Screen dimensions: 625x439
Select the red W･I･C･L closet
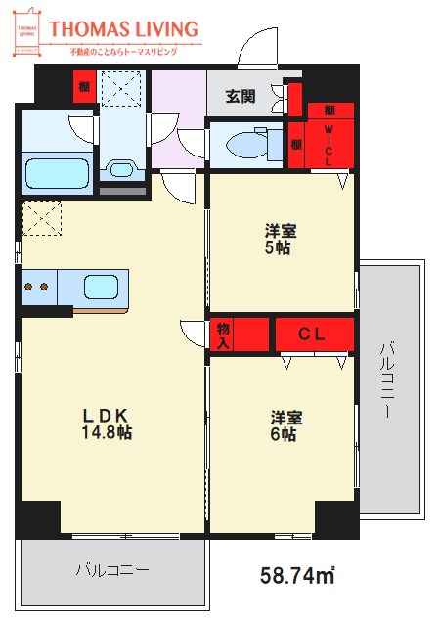point(329,145)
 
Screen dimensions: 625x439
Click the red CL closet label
point(312,335)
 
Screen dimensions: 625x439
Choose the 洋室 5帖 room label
point(281,240)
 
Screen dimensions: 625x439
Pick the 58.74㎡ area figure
point(296,575)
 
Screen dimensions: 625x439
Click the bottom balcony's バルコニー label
point(111,569)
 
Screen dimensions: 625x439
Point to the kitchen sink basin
point(101,287)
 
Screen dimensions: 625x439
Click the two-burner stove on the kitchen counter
point(37,287)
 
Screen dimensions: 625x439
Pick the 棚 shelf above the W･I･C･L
point(329,111)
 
